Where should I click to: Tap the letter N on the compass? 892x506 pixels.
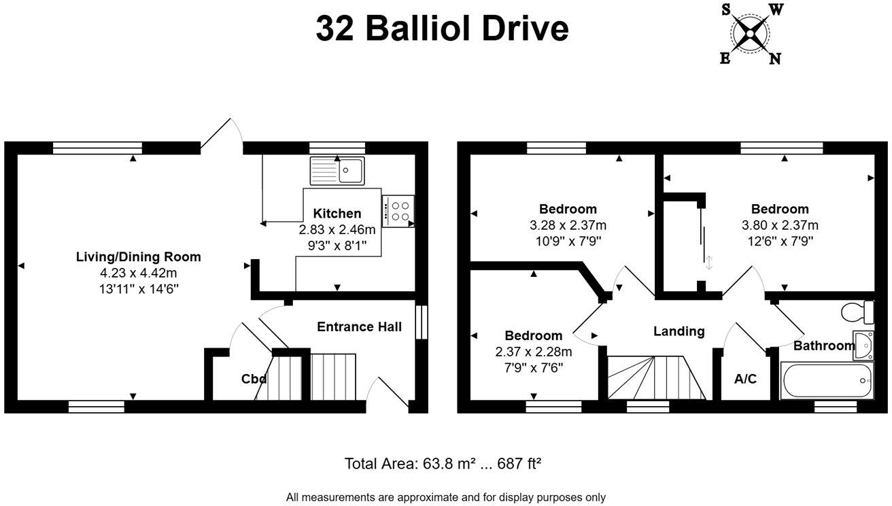(774, 59)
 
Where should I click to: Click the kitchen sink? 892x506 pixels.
(337, 170)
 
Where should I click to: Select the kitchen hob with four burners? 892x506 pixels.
(399, 211)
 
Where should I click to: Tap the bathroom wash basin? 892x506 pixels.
(863, 345)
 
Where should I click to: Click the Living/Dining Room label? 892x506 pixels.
(138, 257)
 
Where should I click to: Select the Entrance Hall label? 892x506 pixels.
(359, 326)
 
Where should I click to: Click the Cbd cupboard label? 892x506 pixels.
(254, 379)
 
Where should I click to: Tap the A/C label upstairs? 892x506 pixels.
(745, 379)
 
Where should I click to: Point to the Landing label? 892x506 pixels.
(679, 331)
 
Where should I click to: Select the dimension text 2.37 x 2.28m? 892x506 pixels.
(533, 352)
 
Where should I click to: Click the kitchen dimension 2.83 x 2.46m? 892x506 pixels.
(337, 230)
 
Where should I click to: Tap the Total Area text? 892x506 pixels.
(443, 465)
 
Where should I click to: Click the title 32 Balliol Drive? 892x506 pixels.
(442, 29)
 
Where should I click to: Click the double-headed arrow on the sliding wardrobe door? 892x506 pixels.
(709, 263)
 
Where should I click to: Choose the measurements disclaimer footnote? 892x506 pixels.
(445, 497)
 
